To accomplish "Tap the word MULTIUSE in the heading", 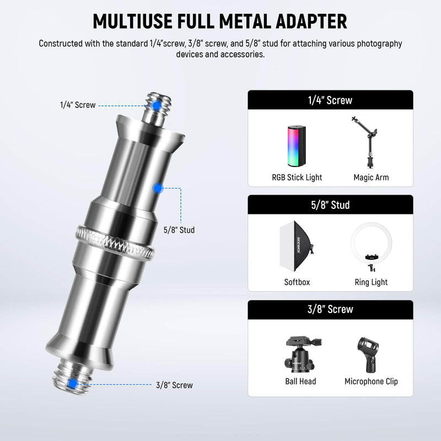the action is tap(132, 21).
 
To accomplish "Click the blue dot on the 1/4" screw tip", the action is tap(156, 106).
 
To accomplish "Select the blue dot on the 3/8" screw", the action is tap(73, 384).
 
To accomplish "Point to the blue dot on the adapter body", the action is tap(158, 188).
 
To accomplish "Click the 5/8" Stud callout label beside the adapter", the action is tap(179, 230).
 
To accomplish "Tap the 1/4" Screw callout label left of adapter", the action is tap(78, 105).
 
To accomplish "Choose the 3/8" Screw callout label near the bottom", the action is tap(174, 385).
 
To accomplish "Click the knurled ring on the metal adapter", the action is tap(115, 243).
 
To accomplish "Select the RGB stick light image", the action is tap(297, 146).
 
